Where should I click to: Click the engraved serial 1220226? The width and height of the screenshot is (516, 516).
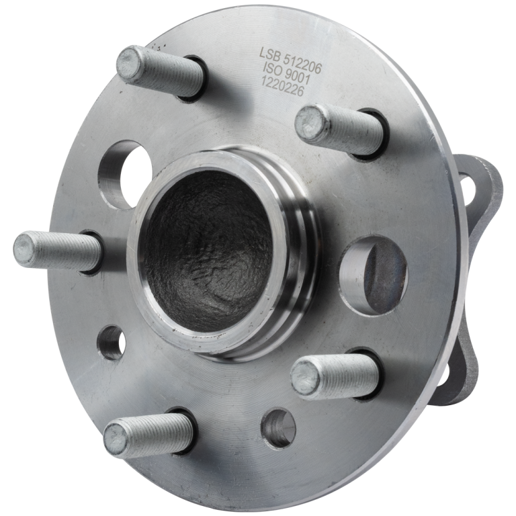click(282, 86)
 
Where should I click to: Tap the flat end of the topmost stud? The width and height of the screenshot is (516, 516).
click(130, 62)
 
